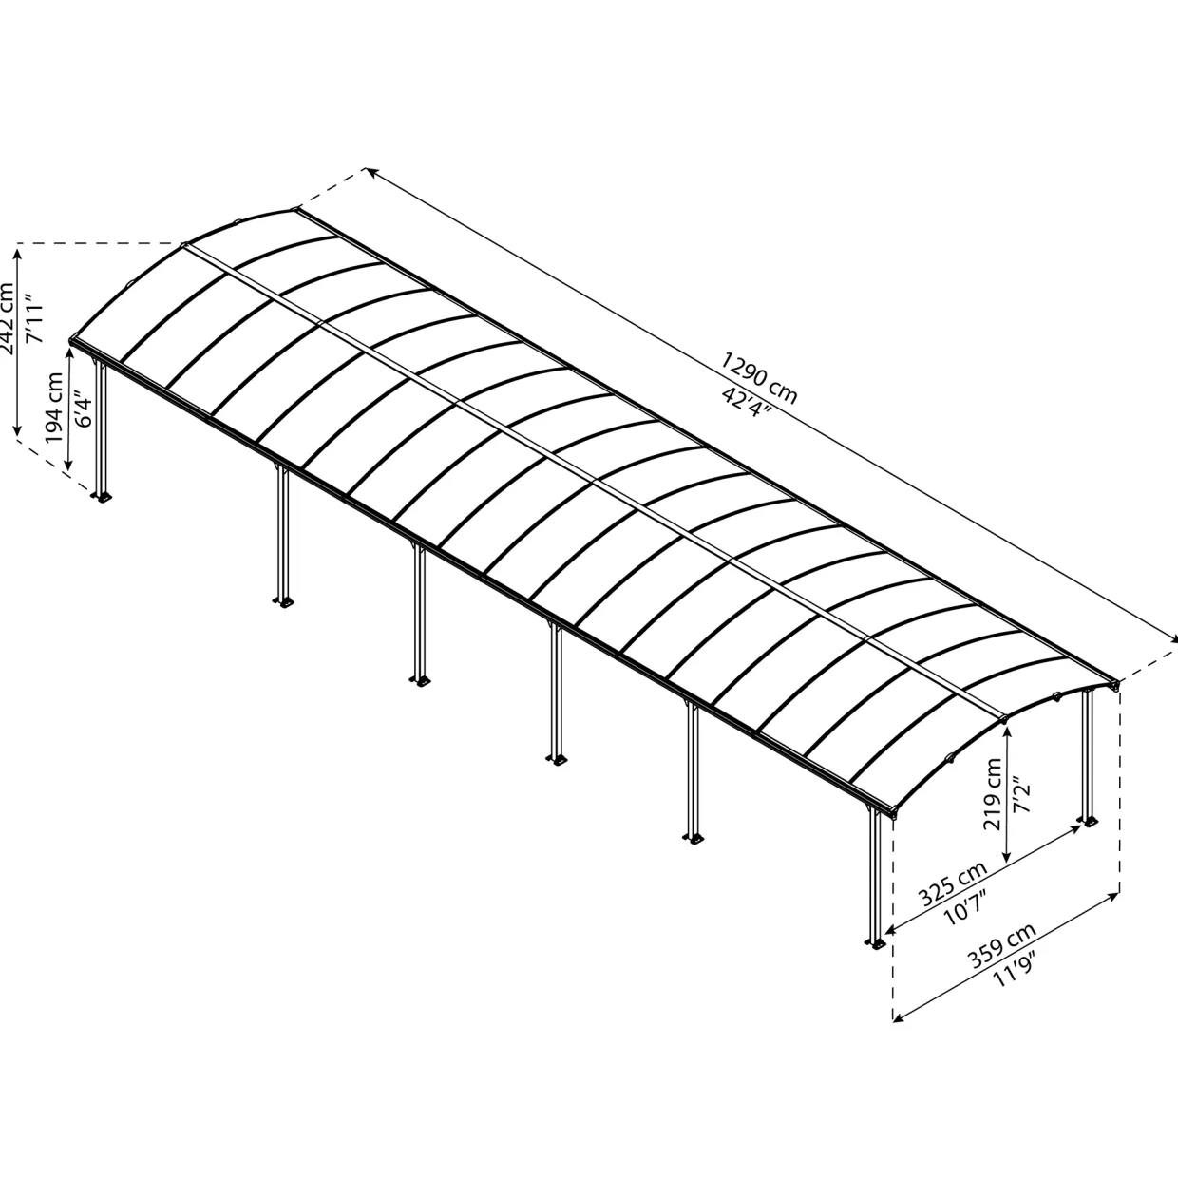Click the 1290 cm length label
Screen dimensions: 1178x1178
coord(758,378)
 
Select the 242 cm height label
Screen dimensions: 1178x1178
coord(7,318)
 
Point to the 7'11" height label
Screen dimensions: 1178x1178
coord(35,320)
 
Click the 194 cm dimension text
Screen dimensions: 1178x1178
coord(54,408)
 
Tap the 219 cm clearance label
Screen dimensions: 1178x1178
coord(993,794)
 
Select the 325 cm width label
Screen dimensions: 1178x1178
coord(954,883)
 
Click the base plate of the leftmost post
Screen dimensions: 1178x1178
coord(102,497)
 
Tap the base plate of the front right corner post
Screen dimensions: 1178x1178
coord(876,944)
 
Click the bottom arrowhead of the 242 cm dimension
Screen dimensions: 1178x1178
coord(17,428)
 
